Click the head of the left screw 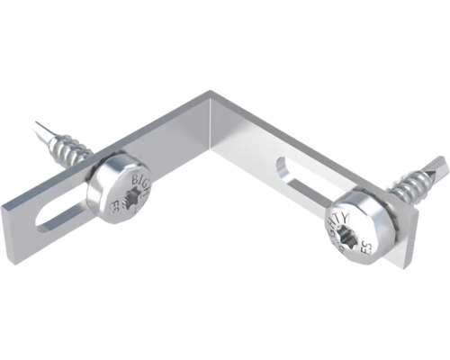122,189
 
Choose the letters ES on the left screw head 115,204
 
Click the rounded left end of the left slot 38,224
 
